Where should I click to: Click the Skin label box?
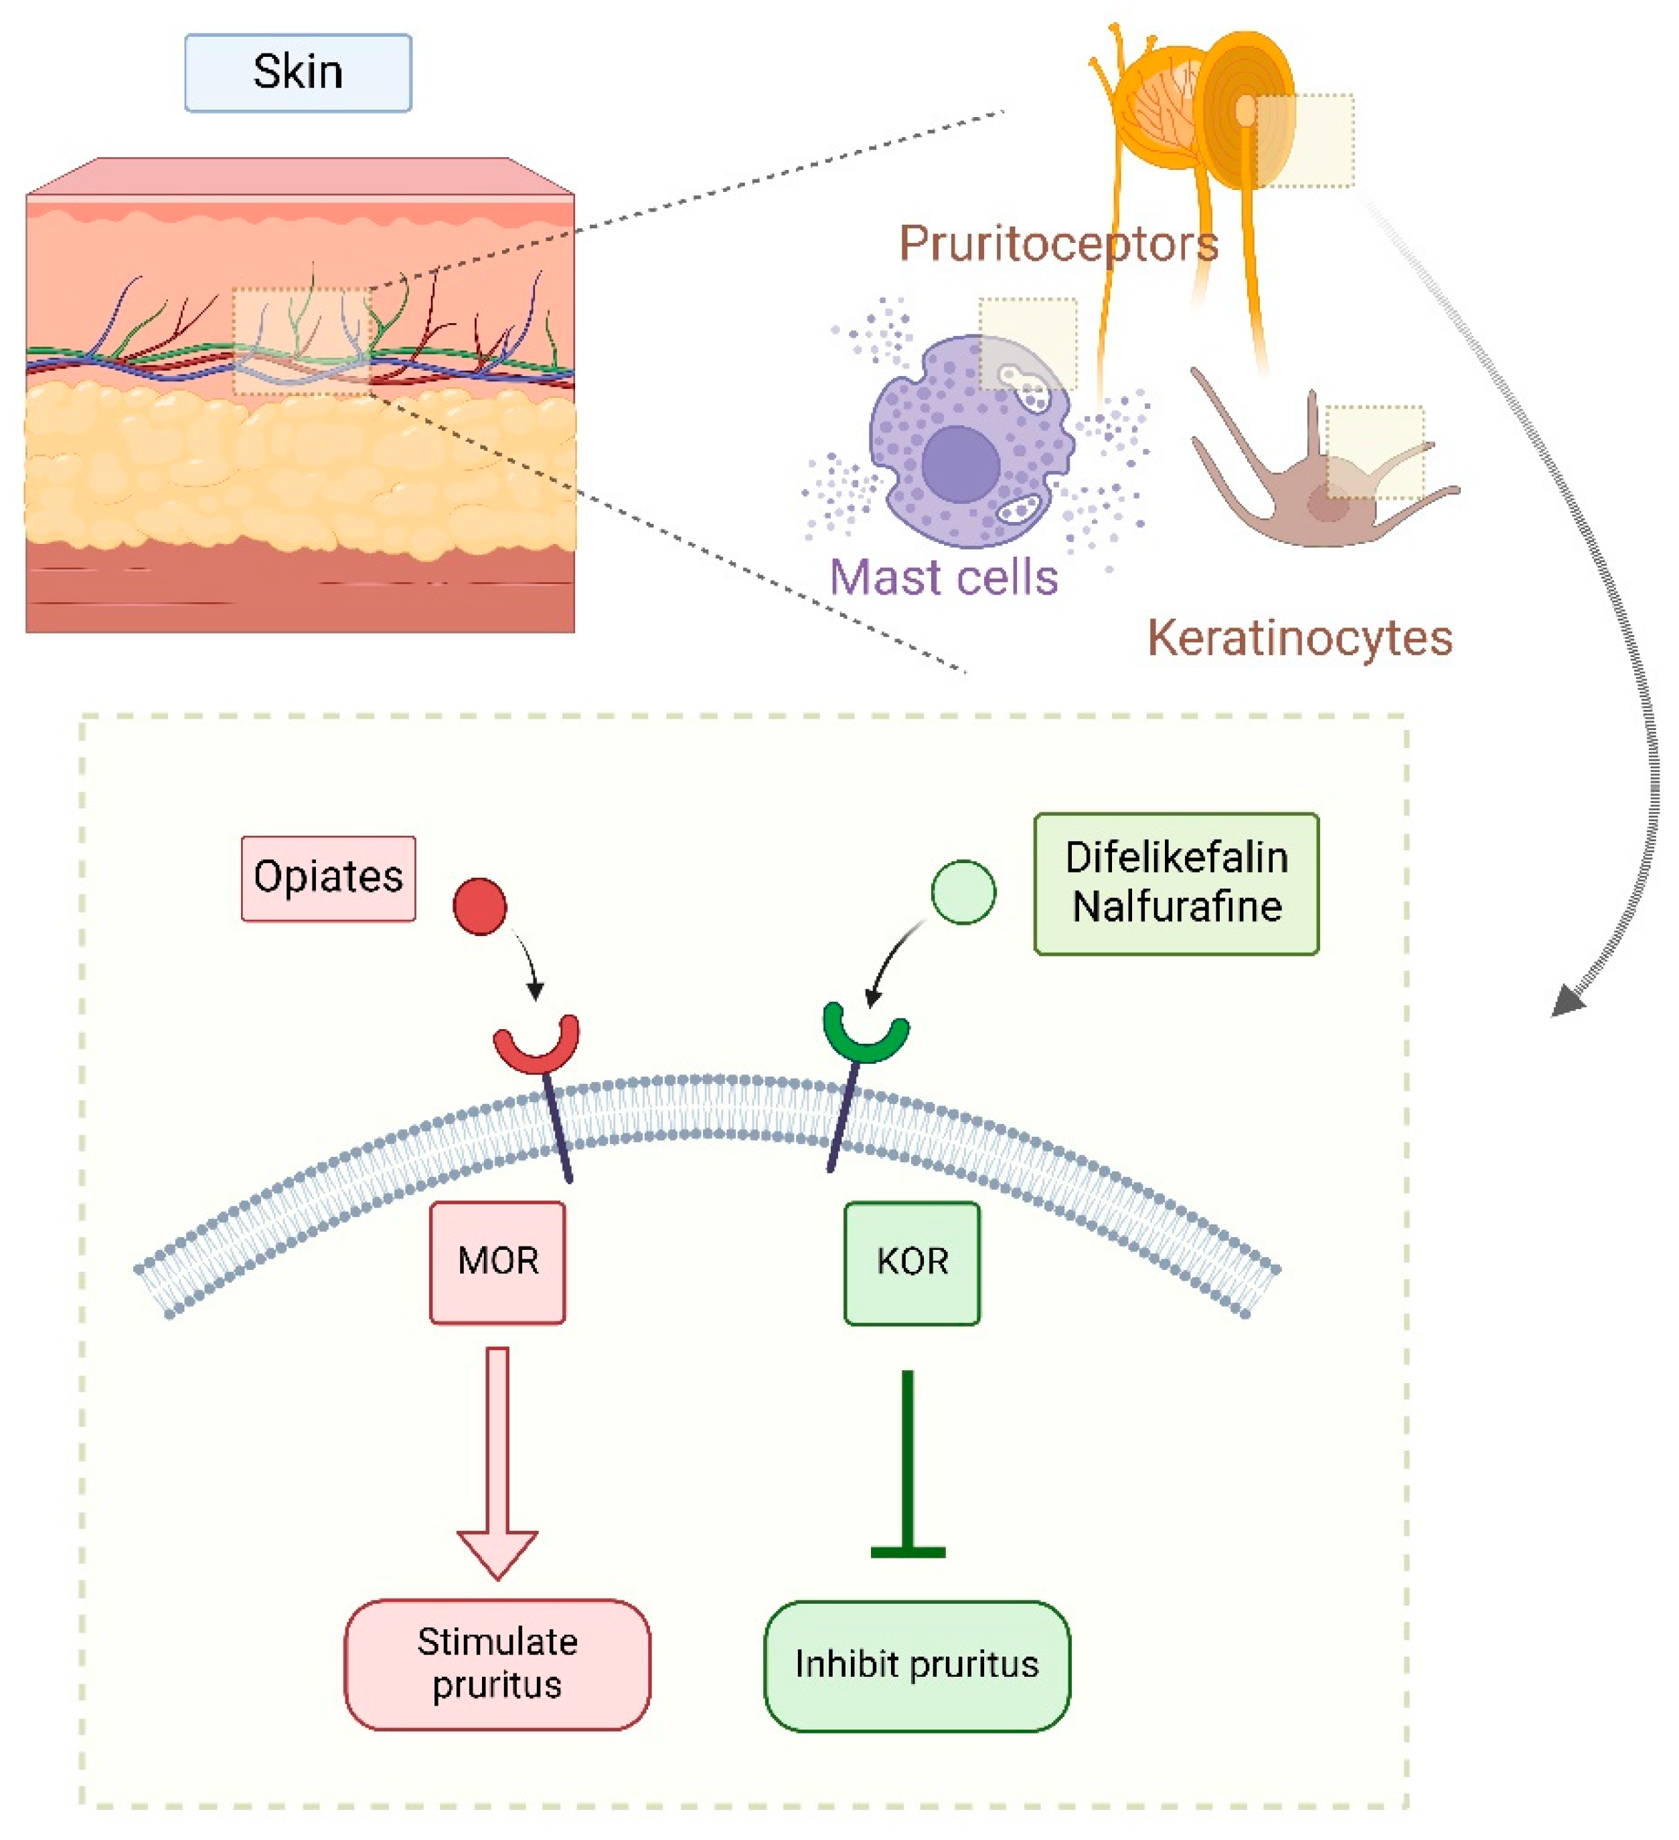tap(298, 73)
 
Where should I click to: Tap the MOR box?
tap(497, 1263)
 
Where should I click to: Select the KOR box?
tap(911, 1263)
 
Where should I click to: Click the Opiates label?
tap(328, 878)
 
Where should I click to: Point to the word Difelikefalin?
tap(1176, 858)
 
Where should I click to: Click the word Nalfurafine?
tap(1176, 907)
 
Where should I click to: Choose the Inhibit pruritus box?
tap(916, 1665)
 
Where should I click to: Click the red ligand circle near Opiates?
tap(479, 907)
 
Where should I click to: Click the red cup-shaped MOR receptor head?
tap(536, 1050)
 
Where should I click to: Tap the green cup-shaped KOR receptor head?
tap(865, 1040)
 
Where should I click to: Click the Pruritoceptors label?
tap(1058, 244)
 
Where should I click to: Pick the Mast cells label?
tap(943, 577)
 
